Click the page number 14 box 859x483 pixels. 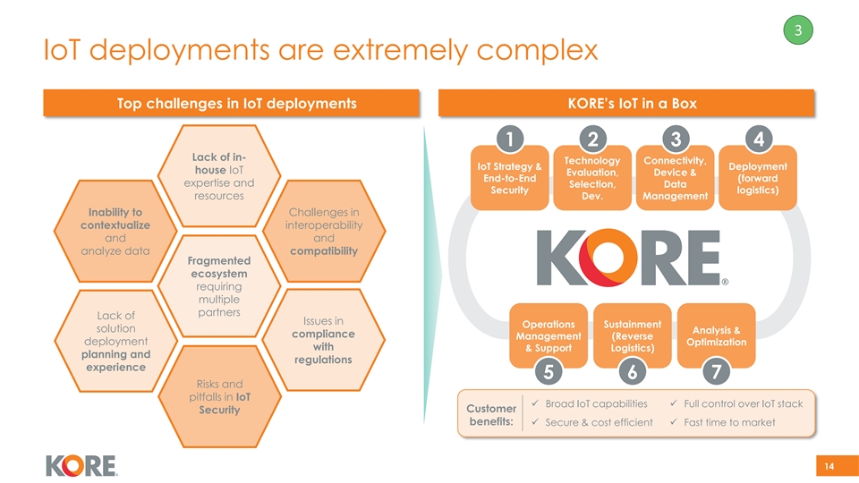pos(829,465)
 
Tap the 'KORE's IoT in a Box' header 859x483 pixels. pos(625,104)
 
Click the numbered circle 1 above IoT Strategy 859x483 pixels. pos(508,141)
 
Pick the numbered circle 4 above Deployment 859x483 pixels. pos(759,141)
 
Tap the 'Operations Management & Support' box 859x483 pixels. pos(549,335)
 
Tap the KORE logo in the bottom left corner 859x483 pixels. pos(81,465)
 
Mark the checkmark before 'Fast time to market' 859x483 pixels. pos(674,422)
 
